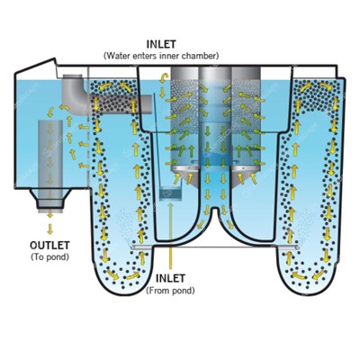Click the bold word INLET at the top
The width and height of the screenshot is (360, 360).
[x=161, y=44]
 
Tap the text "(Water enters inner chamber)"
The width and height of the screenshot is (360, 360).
[x=161, y=56]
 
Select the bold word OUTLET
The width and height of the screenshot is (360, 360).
[x=49, y=246]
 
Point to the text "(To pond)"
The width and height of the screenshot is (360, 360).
[x=49, y=257]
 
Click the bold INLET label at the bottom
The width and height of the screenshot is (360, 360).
[x=170, y=278]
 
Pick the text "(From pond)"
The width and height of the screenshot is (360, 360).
[x=170, y=291]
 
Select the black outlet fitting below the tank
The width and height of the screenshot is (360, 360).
[x=50, y=199]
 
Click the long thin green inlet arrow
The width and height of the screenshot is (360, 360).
[x=170, y=236]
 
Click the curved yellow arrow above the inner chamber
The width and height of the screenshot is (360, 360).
[x=164, y=77]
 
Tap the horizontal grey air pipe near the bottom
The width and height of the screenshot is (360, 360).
[x=215, y=247]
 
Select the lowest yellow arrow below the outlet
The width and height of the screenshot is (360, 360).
[x=50, y=229]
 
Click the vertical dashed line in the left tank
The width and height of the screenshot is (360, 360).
[x=89, y=126]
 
